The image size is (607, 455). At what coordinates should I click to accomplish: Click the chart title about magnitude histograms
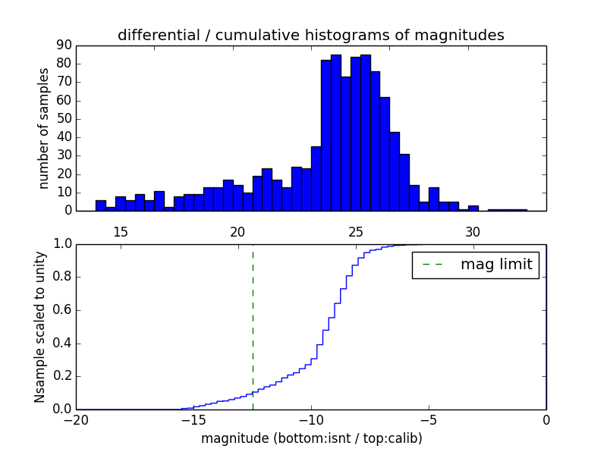pos(310,35)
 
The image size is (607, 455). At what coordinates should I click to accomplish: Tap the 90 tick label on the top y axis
pos(63,45)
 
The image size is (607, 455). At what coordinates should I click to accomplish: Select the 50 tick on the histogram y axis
pos(63,119)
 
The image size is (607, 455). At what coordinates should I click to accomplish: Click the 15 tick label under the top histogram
pos(120,231)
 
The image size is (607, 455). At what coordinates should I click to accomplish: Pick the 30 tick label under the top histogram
pos(473,231)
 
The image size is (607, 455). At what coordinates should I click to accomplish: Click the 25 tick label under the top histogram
pos(355,231)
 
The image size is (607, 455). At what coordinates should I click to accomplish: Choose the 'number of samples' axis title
pos(44,128)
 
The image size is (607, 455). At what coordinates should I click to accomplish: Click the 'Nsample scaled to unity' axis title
pos(40,326)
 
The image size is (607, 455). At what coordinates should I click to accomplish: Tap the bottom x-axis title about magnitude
pos(311,438)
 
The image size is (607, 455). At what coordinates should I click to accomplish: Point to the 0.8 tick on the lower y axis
pos(61,277)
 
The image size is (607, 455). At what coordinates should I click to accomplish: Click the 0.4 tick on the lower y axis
pos(61,344)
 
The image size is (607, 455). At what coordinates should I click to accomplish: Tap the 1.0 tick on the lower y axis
pos(61,244)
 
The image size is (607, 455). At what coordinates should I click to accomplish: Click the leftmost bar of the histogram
pos(100,206)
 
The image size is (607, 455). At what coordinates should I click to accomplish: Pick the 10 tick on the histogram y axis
pos(63,193)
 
